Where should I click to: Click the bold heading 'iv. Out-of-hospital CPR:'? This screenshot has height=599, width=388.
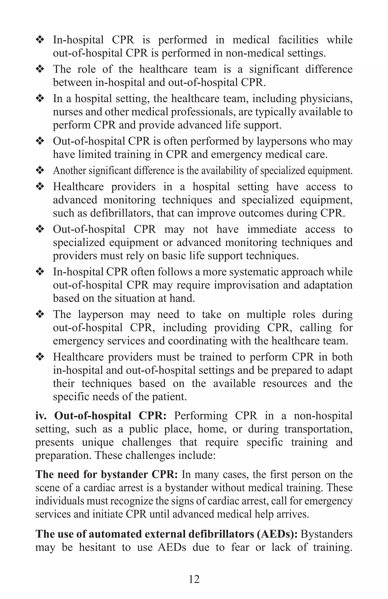101,416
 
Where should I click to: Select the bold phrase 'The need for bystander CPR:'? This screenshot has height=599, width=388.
106,474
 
